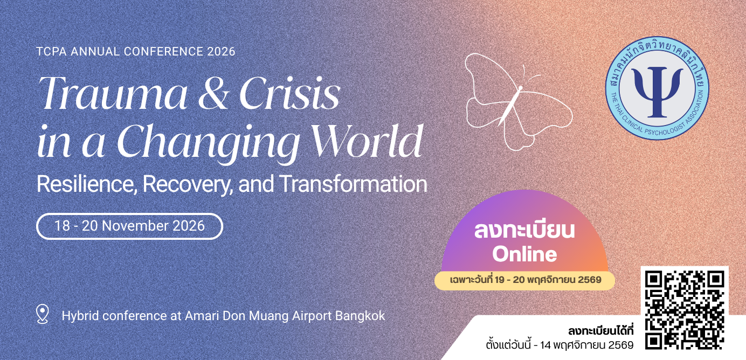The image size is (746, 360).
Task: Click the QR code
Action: [x=685, y=310]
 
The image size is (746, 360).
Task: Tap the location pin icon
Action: [x=43, y=314]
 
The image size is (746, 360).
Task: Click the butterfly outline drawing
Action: [x=518, y=101]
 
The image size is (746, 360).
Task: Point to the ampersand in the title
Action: [x=213, y=94]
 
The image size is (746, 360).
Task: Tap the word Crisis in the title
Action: [x=289, y=93]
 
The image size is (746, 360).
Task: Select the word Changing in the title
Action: [x=209, y=144]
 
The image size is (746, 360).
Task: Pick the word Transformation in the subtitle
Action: [x=353, y=183]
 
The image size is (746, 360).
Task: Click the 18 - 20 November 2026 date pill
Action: [x=129, y=226]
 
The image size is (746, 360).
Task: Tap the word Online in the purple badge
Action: [x=524, y=254]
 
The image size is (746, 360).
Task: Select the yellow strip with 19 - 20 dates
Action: [x=525, y=280]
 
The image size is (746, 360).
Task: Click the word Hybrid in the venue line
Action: [x=80, y=316]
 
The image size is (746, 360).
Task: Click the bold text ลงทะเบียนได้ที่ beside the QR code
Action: [x=601, y=331]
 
